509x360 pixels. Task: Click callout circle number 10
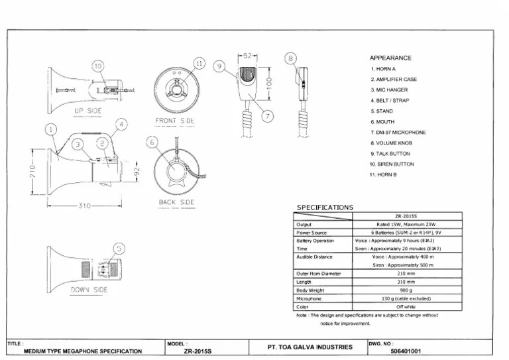click(x=98, y=66)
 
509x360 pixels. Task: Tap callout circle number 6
click(x=152, y=143)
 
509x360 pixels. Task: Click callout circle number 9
click(x=221, y=65)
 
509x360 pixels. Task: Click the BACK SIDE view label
click(x=176, y=202)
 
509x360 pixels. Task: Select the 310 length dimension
click(x=85, y=206)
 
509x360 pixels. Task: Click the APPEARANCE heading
click(x=390, y=58)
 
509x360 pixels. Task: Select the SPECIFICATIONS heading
click(x=325, y=208)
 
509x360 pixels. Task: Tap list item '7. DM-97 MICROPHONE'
click(x=398, y=132)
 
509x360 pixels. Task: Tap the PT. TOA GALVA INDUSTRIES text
click(x=310, y=347)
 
